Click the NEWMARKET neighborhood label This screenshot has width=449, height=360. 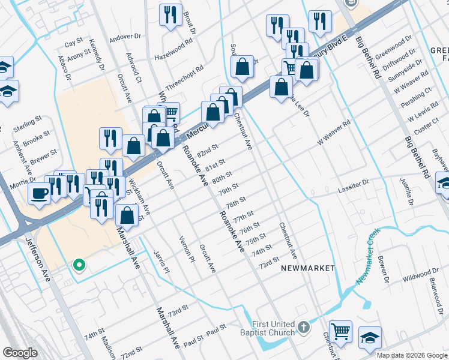tap(308, 268)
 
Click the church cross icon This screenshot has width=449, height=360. tap(304, 328)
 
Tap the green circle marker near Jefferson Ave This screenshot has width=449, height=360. tap(78, 265)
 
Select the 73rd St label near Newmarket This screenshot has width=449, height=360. tap(269, 262)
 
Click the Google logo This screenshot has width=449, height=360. tap(20, 352)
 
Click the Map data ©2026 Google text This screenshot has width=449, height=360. tap(412, 355)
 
